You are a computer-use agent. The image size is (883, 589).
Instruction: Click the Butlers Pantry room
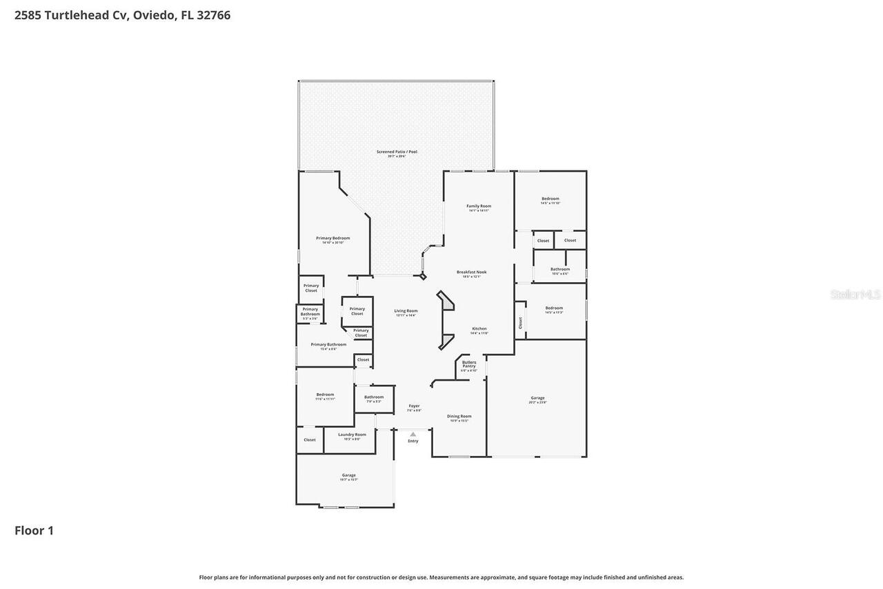click(469, 366)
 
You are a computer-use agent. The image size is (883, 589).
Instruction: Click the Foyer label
click(414, 407)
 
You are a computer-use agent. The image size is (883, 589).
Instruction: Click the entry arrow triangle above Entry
click(413, 434)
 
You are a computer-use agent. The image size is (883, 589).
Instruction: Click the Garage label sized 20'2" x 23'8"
click(538, 399)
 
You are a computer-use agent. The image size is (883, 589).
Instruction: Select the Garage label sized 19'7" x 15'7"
click(349, 476)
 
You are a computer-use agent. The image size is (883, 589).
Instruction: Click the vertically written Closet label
click(520, 323)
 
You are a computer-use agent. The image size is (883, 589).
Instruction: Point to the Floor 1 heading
click(34, 530)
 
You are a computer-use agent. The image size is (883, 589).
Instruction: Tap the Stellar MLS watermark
click(855, 294)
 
